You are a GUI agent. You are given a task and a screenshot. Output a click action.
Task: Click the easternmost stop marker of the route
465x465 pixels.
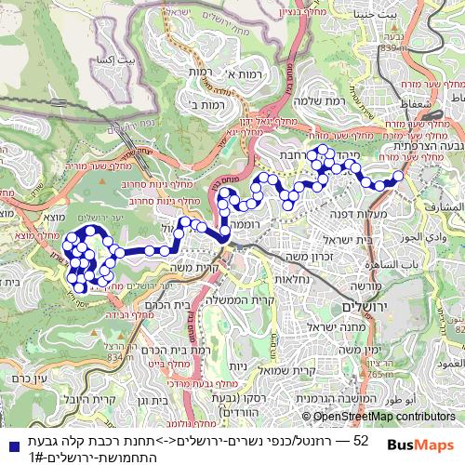398,176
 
